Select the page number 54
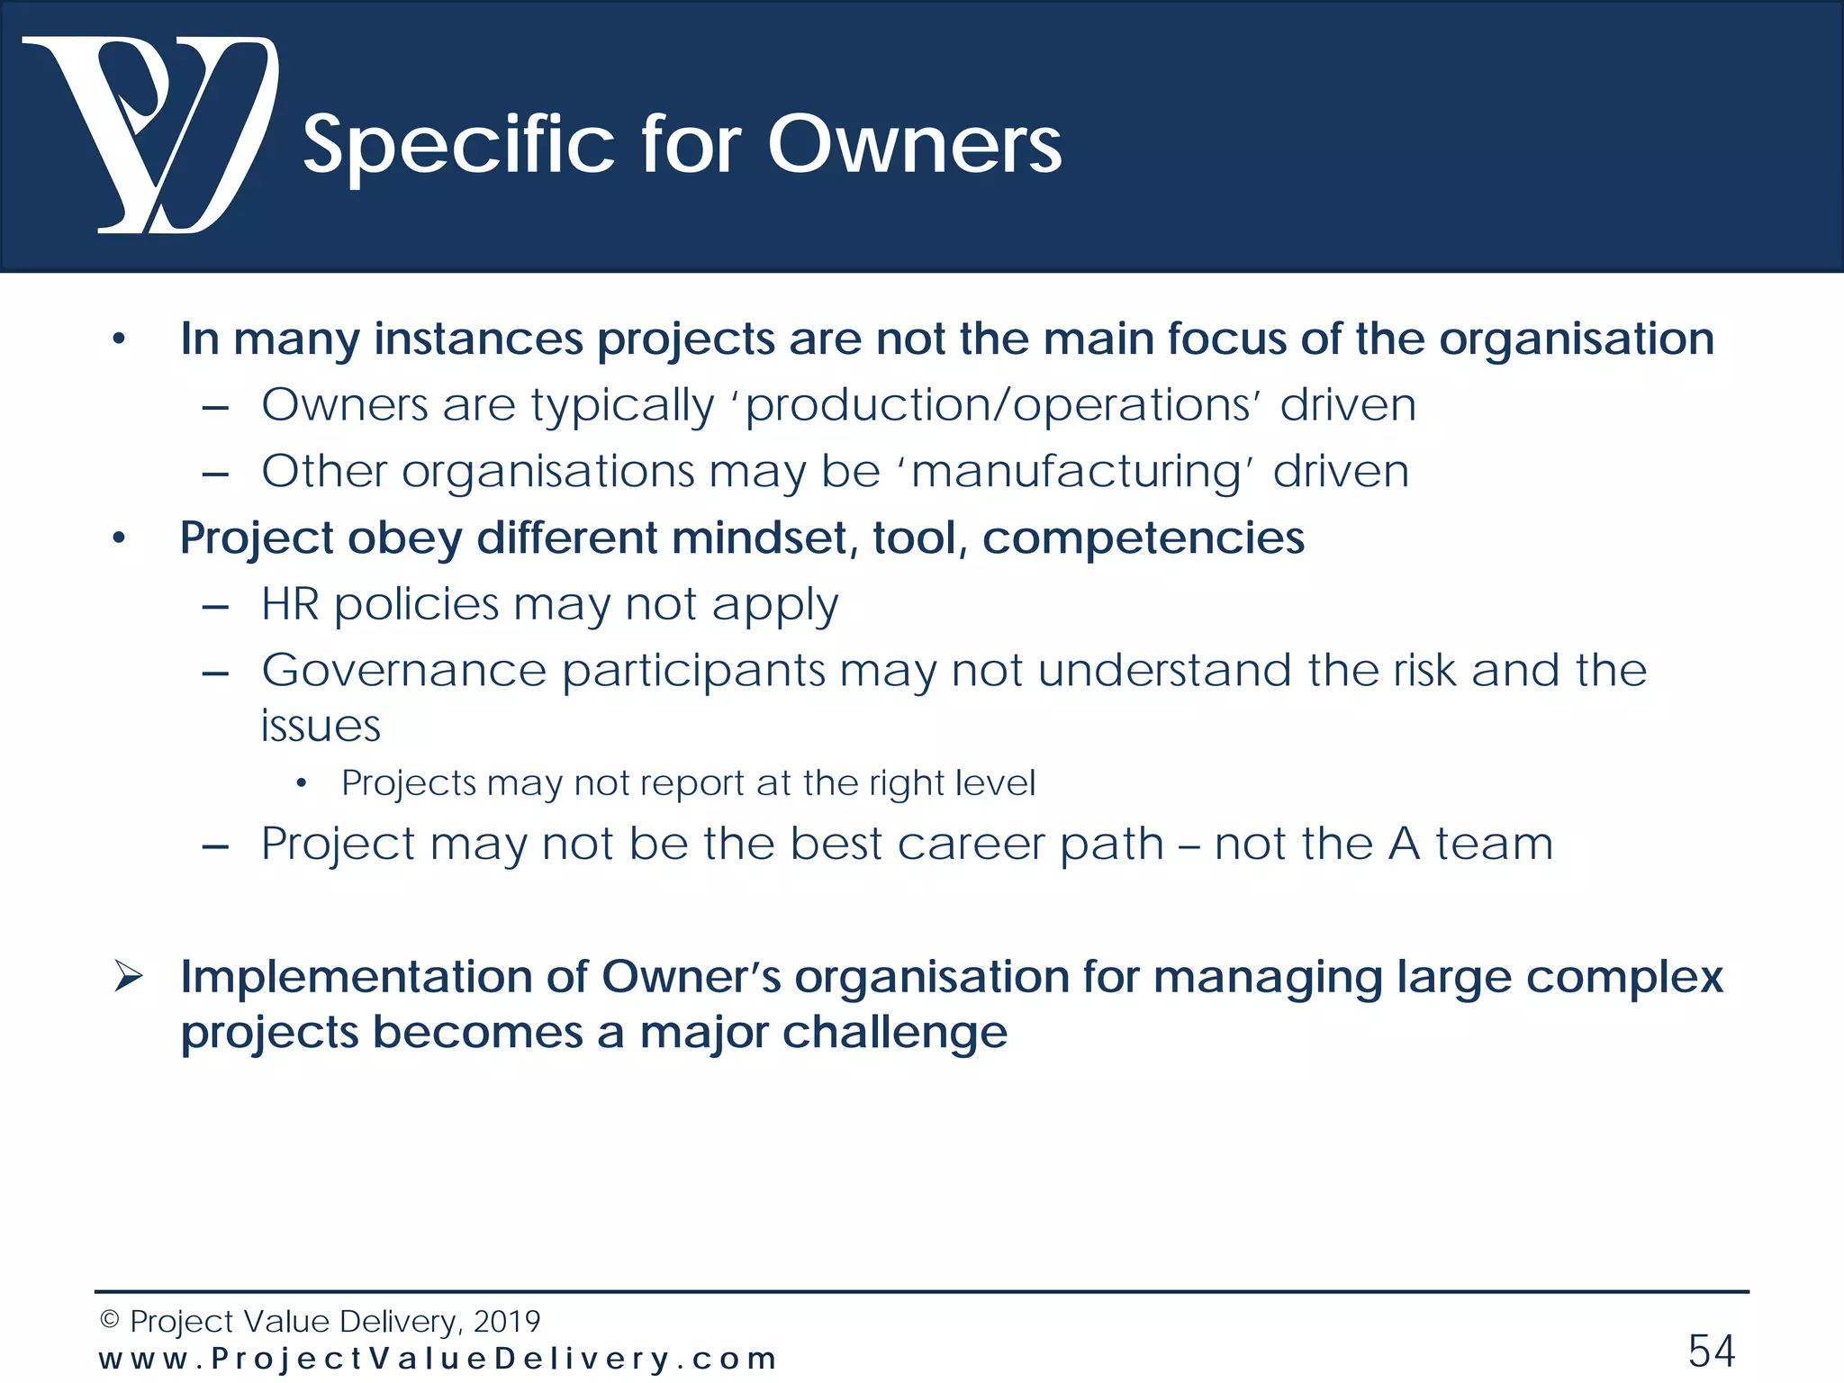[1711, 1351]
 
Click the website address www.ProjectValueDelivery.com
[438, 1358]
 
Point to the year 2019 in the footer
[507, 1321]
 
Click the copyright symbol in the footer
[109, 1320]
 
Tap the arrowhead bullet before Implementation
[129, 976]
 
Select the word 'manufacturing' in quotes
[1076, 472]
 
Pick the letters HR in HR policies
[290, 603]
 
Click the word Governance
[403, 670]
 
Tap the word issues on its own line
[321, 726]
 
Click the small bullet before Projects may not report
[302, 783]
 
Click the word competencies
[1143, 538]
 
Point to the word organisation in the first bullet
[1576, 339]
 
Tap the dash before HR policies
[215, 608]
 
